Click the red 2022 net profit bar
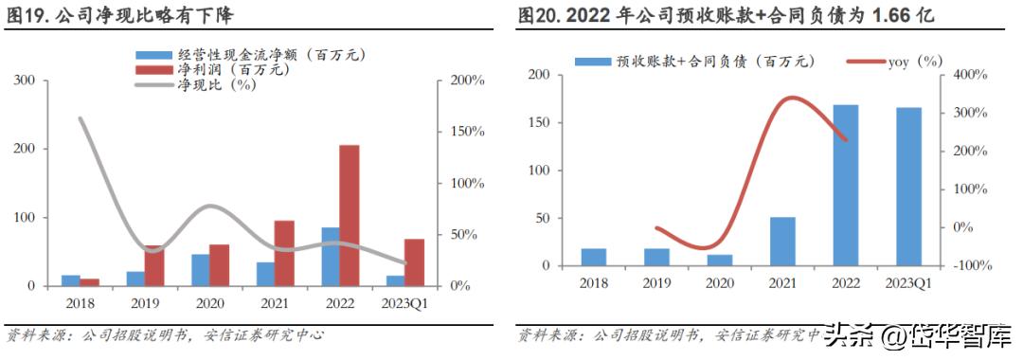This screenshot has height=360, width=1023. click(349, 215)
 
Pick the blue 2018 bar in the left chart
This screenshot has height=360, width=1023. click(71, 279)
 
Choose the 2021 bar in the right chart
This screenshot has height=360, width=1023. click(782, 242)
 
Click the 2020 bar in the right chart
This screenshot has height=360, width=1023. click(720, 260)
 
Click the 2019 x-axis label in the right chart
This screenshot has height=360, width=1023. click(656, 283)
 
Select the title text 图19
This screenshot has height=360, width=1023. click(26, 16)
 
